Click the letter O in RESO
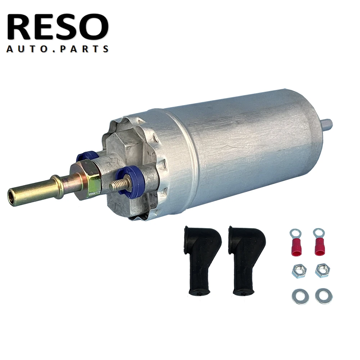[94, 27]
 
